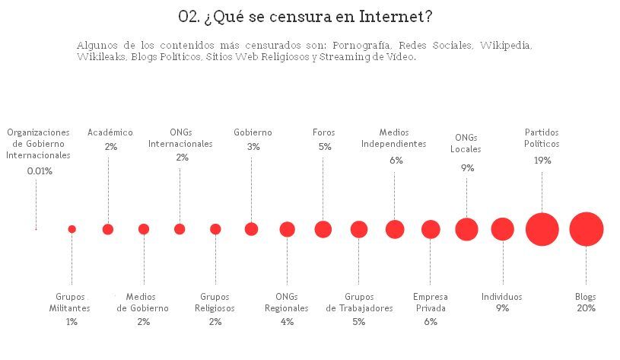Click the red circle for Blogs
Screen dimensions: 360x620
pos(586,229)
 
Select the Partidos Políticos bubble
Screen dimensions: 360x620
pos(542,229)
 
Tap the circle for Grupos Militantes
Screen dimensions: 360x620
pos(72,229)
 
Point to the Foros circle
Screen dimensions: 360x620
pos(323,229)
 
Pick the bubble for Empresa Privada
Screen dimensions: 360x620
pos(431,229)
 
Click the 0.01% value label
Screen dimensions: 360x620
pos(40,171)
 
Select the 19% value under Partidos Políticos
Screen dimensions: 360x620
pos(542,161)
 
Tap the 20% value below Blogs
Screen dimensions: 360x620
pos(586,308)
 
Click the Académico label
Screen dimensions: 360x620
pos(110,132)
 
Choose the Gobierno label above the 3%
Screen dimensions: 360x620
pos(253,132)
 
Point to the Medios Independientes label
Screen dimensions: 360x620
pos(393,138)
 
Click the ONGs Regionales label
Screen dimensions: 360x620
pos(287,302)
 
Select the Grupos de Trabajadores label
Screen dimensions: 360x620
pos(359,302)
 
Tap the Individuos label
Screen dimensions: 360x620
pos(502,297)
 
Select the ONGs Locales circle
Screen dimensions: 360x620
pos(466,229)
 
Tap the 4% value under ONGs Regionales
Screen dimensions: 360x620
pos(287,322)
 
